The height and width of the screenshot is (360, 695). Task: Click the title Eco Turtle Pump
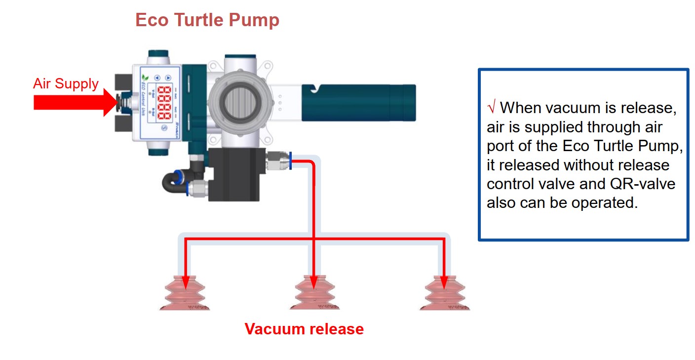[x=207, y=20]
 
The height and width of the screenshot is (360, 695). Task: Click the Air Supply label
[x=66, y=83]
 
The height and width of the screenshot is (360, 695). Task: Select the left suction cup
[x=185, y=294]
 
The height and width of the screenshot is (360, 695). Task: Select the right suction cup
[x=444, y=294]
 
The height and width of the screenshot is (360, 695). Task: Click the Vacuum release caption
[x=304, y=329]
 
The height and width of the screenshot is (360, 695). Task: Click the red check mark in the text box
[x=491, y=108]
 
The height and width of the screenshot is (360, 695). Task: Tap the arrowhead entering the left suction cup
[x=185, y=282]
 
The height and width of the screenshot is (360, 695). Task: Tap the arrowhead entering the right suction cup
[x=444, y=282]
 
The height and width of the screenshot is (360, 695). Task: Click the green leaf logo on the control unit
[x=145, y=78]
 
